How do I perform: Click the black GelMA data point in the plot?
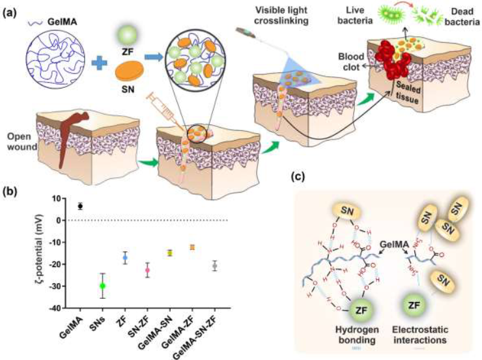[80, 206]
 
